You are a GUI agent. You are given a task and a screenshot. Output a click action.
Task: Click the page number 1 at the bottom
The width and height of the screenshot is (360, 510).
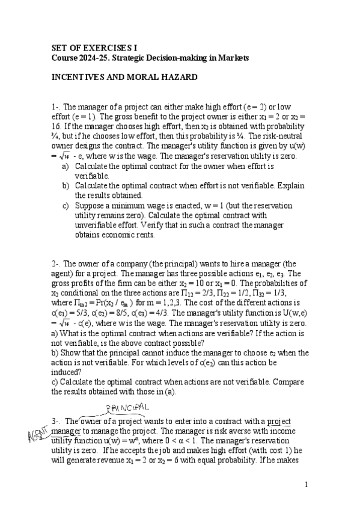click(306, 485)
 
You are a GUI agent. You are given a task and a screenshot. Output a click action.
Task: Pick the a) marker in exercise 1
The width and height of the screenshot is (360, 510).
click(66, 166)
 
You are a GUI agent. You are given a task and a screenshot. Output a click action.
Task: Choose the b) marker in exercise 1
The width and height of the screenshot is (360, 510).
click(66, 186)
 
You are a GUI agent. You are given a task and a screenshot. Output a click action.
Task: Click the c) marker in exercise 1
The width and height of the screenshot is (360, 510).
click(66, 205)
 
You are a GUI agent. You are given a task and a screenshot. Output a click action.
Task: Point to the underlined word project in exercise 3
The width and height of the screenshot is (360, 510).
click(278, 422)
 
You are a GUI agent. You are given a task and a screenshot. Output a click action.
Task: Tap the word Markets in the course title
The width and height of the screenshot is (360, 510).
click(234, 57)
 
